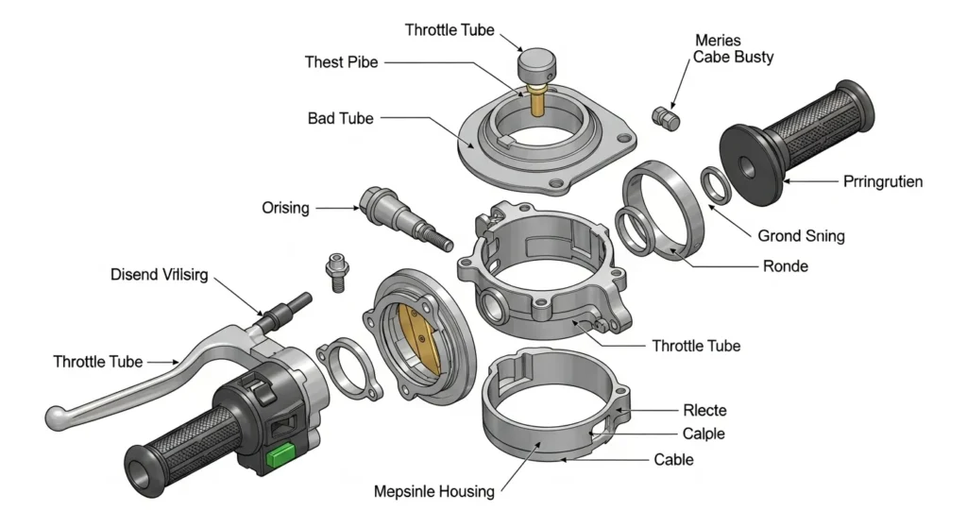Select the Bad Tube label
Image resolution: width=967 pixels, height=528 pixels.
pos(340,119)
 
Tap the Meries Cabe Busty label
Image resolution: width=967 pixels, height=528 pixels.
pos(734,49)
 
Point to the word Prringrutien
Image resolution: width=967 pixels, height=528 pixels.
pos(881,180)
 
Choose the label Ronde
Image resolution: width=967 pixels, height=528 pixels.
pos(785,266)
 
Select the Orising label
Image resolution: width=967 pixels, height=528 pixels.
pos(284,207)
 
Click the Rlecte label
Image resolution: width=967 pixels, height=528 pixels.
pos(704,410)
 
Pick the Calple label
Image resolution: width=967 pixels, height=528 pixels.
pos(704,434)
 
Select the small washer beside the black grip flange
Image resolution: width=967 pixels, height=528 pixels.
pos(714,184)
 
